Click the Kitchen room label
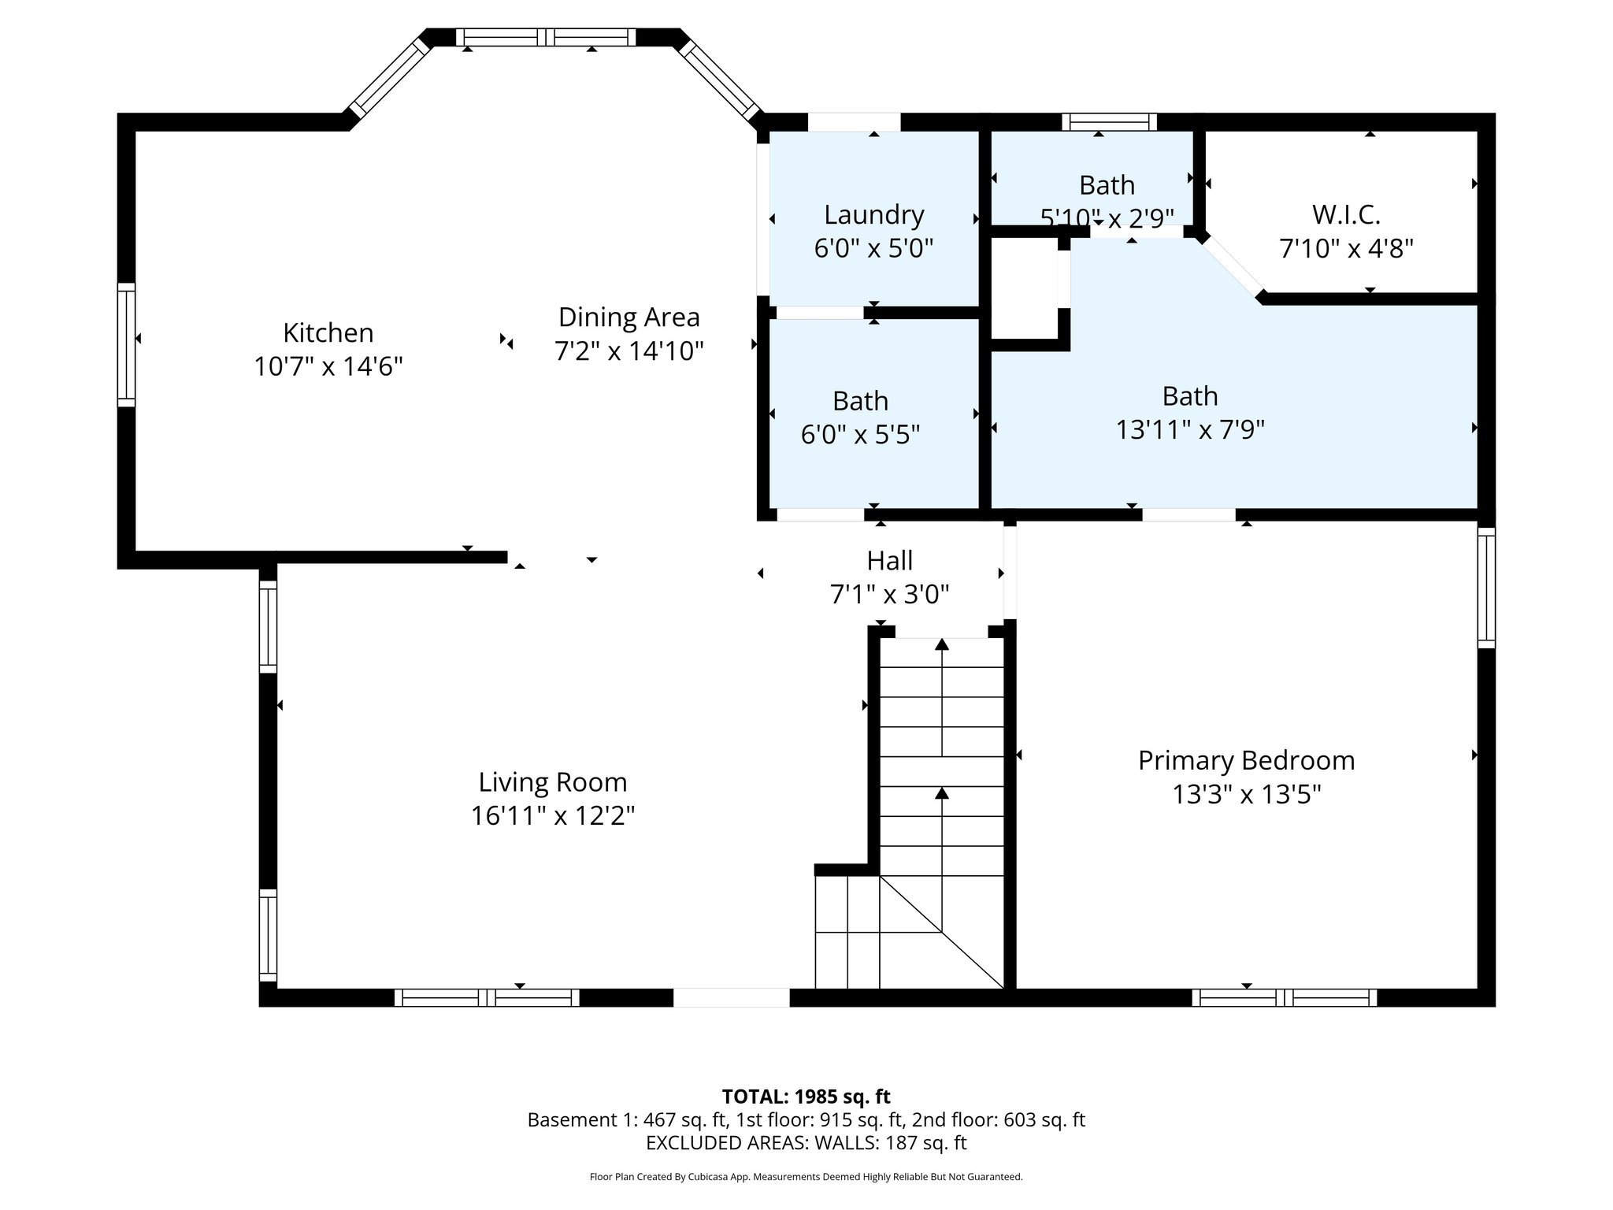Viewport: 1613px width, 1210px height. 328,332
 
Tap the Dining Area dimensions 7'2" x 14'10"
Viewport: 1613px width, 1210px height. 629,351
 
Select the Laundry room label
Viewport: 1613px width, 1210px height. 873,214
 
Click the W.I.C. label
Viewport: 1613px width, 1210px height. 1346,214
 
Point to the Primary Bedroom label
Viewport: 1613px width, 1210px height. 1246,760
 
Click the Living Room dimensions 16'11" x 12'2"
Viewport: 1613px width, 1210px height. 552,815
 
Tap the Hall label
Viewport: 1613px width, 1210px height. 889,560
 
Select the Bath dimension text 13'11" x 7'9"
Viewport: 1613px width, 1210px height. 1189,429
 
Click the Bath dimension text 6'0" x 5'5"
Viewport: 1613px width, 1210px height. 860,434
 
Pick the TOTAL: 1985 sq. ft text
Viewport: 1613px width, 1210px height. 806,1096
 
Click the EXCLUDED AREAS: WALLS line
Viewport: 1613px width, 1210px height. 806,1142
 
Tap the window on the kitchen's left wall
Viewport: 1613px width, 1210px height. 126,344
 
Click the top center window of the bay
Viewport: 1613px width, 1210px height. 546,37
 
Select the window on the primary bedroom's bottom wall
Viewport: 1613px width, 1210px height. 1284,997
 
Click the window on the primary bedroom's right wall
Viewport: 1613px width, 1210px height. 1485,587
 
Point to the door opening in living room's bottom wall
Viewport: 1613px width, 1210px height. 731,997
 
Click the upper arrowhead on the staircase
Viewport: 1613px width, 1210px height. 941,644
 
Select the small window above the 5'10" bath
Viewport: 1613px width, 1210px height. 1109,121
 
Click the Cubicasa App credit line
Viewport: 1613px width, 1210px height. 806,1177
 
